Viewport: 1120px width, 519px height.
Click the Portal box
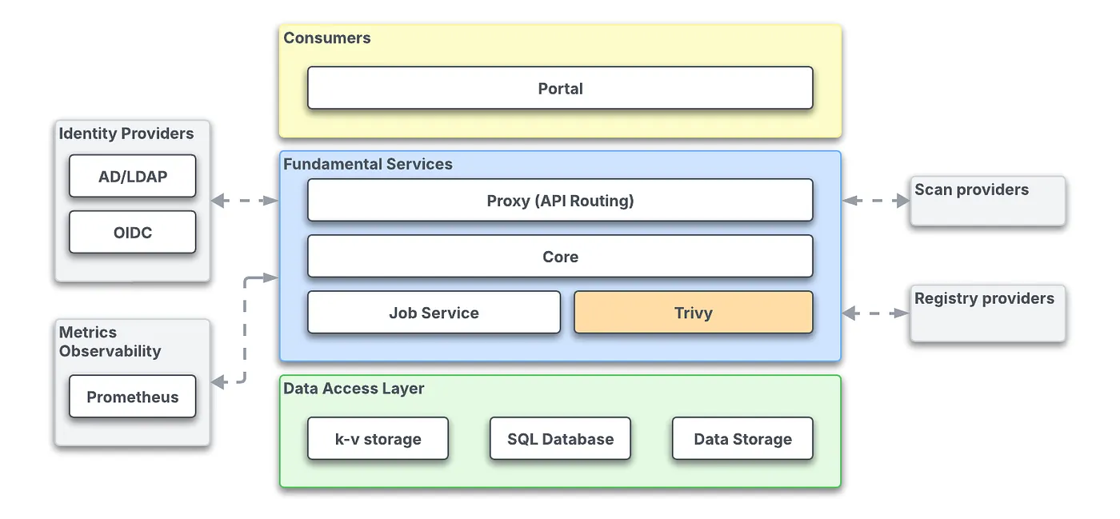(560, 88)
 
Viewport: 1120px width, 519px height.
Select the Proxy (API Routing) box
(560, 200)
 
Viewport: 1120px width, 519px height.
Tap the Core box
(560, 257)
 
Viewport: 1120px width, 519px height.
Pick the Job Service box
(434, 313)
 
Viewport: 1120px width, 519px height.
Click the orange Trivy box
(693, 313)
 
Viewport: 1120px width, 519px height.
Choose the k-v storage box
(378, 438)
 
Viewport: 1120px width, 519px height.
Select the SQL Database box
(560, 438)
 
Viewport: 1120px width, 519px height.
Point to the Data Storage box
(742, 438)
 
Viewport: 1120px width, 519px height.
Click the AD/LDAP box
(132, 176)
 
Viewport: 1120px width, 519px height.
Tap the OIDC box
(132, 233)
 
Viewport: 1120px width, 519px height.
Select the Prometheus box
(132, 397)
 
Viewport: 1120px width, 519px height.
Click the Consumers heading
(327, 38)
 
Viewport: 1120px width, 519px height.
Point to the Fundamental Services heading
(368, 164)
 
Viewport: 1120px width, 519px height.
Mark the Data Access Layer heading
(354, 389)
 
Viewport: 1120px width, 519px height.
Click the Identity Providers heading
(126, 134)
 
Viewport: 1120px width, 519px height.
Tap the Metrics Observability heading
(110, 341)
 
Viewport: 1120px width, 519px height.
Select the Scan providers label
(971, 190)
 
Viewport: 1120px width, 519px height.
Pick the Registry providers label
(984, 298)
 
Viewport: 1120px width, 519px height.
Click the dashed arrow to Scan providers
(876, 201)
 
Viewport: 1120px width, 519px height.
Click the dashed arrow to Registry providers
(876, 313)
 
